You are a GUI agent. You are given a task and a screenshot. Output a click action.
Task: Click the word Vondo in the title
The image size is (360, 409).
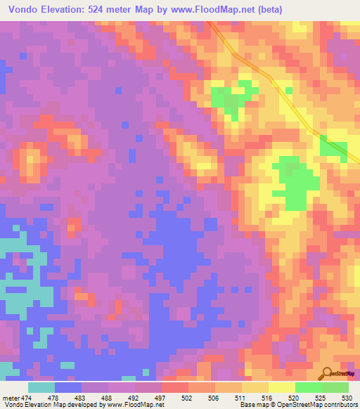tap(25, 10)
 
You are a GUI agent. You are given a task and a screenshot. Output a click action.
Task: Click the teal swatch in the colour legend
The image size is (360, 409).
tap(41, 387)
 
